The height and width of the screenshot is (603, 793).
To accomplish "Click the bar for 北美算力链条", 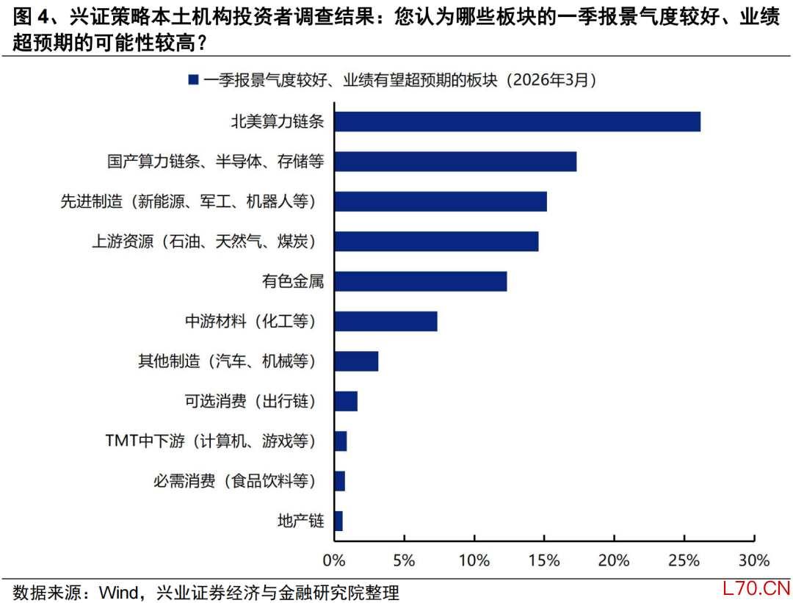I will (x=517, y=121).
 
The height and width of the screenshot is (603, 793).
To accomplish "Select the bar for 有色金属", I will (x=420, y=281).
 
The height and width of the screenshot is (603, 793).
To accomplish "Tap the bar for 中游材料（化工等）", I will (x=385, y=321).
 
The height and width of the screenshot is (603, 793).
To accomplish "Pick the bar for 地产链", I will (x=338, y=521).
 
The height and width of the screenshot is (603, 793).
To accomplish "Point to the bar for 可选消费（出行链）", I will (x=346, y=401).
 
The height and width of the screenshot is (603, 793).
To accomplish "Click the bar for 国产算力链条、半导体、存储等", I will (x=455, y=161).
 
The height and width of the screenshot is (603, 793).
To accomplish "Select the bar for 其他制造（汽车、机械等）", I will (x=356, y=361).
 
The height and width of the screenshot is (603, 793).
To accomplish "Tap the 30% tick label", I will (x=753, y=560).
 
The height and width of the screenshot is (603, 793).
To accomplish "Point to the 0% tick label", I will (x=334, y=560).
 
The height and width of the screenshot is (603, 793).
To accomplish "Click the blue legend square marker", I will (x=193, y=79).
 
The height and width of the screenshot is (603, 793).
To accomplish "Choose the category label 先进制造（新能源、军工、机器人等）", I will (x=191, y=201).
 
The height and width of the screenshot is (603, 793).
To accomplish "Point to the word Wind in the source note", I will (x=120, y=592).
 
